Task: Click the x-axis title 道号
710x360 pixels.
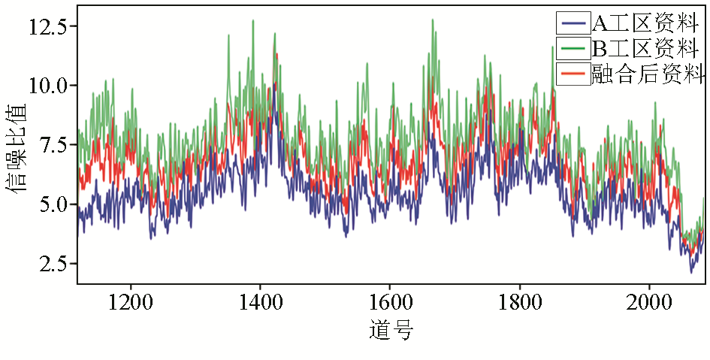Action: tap(391, 329)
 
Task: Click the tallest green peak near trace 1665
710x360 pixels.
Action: tap(433, 20)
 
